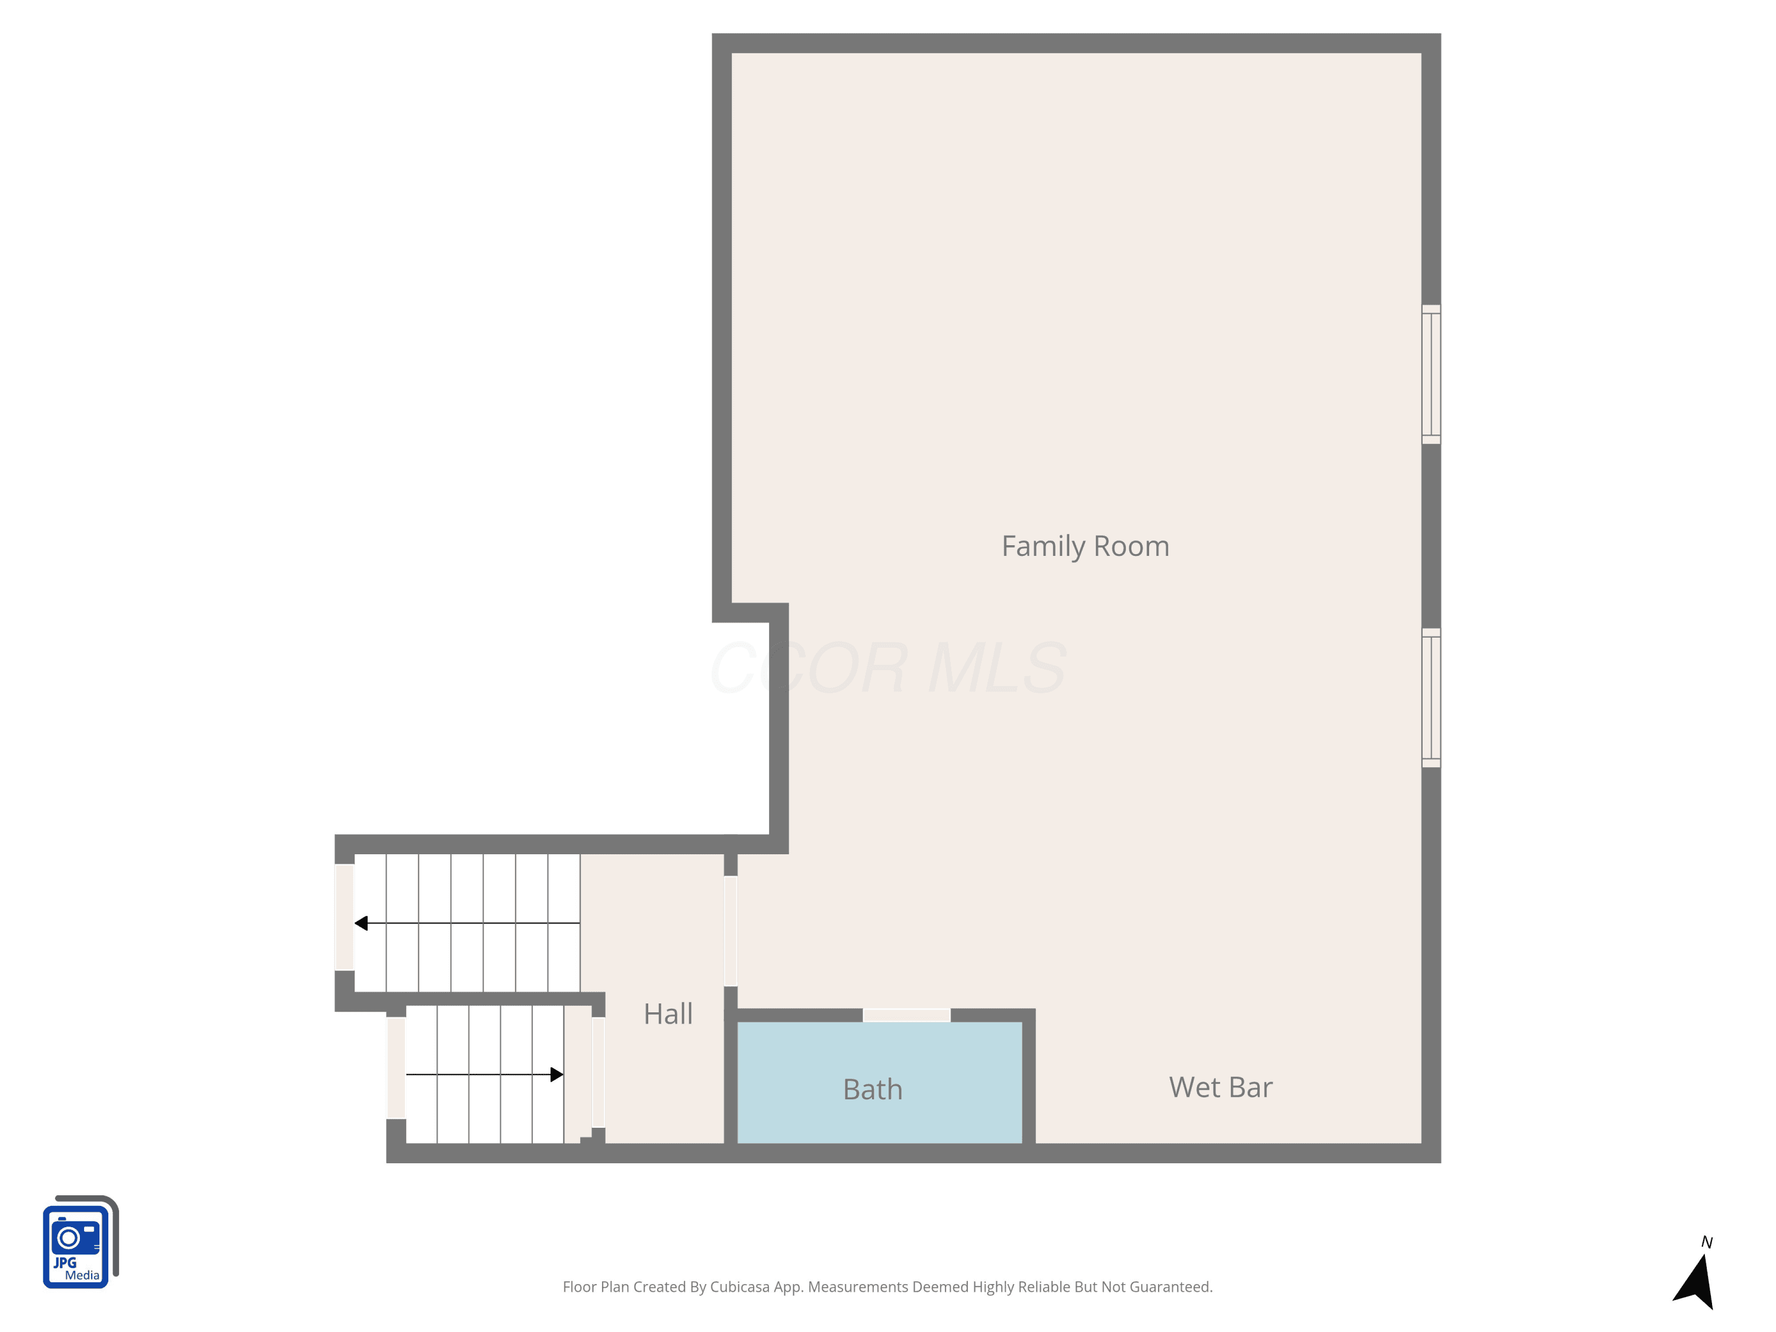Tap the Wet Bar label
click(1220, 1087)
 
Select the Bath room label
click(873, 1089)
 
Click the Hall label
click(668, 1014)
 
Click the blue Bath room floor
click(879, 1082)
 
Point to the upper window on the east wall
click(1431, 374)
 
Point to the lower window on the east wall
click(1431, 698)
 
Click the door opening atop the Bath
click(906, 1015)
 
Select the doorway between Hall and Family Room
click(731, 931)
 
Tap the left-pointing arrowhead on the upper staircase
click(361, 924)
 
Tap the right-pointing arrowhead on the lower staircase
click(556, 1074)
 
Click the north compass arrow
click(1695, 1282)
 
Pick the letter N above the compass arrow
click(1707, 1243)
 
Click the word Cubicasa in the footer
click(739, 1287)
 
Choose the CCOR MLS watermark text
click(888, 667)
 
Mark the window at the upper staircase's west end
click(345, 917)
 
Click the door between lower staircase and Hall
click(598, 1073)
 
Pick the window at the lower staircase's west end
click(396, 1068)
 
